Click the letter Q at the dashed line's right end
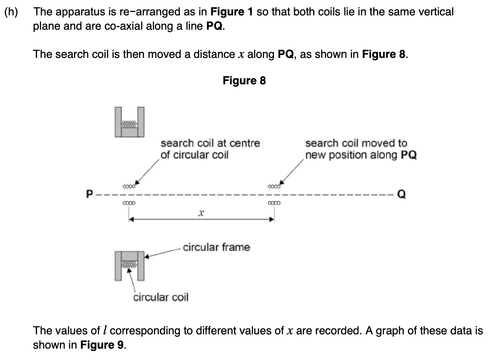402,194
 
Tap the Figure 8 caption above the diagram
244,81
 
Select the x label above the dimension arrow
201,213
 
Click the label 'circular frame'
216,247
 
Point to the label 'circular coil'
161,297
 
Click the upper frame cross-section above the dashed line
129,122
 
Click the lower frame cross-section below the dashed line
129,265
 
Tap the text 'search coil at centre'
210,143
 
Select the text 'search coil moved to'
356,143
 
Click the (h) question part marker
11,12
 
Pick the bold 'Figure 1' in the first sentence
231,12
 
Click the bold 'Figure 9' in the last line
102,345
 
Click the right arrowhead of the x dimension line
272,219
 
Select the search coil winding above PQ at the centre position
129,186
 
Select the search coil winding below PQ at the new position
274,203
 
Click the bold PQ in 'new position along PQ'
409,155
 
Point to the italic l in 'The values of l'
105,331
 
